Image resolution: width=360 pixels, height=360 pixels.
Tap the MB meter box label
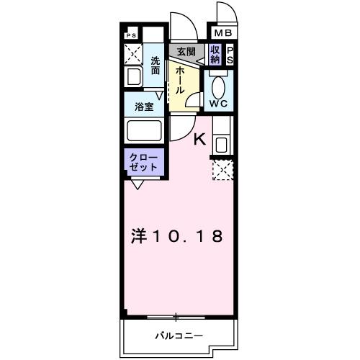[220, 32]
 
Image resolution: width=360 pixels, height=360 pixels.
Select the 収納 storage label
[215, 54]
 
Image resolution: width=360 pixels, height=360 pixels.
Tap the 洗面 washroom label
[155, 66]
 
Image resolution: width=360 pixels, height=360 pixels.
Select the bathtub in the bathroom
[143, 132]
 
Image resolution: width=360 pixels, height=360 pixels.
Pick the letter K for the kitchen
[201, 140]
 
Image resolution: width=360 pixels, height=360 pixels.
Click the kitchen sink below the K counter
[220, 143]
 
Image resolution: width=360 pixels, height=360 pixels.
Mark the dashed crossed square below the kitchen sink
[220, 170]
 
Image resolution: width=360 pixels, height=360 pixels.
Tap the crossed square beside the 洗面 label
[132, 53]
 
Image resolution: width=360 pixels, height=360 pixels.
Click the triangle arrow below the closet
[137, 184]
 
